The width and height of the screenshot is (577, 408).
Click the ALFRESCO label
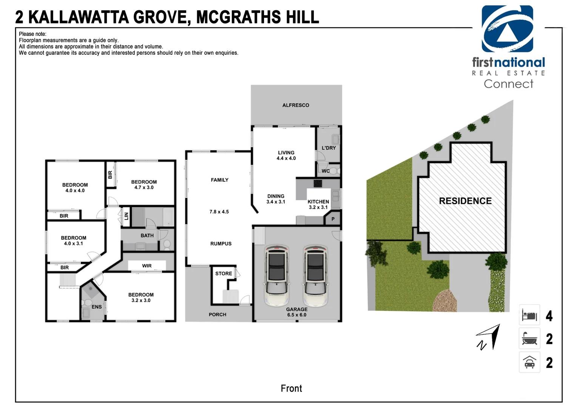tap(296, 105)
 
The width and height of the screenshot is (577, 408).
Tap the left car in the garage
tap(277, 275)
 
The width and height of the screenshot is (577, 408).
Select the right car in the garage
tap(316, 275)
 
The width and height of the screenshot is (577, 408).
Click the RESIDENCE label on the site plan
tap(465, 201)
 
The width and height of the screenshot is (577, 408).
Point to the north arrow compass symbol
tap(489, 337)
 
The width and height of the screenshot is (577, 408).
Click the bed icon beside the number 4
tap(529, 315)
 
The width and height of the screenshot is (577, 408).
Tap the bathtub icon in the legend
tap(529, 338)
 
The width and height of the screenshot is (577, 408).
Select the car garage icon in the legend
tap(529, 362)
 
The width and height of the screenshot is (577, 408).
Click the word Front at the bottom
tap(291, 388)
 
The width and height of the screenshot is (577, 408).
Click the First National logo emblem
tap(507, 29)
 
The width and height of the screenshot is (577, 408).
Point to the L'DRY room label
tap(329, 148)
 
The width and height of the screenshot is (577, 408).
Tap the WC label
tap(326, 171)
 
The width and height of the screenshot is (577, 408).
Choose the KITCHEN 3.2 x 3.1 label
tap(318, 204)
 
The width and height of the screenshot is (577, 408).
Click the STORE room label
tap(224, 274)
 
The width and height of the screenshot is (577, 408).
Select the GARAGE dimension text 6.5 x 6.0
tap(297, 315)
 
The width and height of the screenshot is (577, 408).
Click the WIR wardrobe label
tap(147, 266)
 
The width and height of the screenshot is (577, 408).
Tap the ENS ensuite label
tap(97, 307)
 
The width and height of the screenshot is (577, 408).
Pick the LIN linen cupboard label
tap(127, 216)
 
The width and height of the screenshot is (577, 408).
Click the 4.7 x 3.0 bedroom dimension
tap(144, 187)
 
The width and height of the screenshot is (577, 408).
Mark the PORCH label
tap(218, 314)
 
